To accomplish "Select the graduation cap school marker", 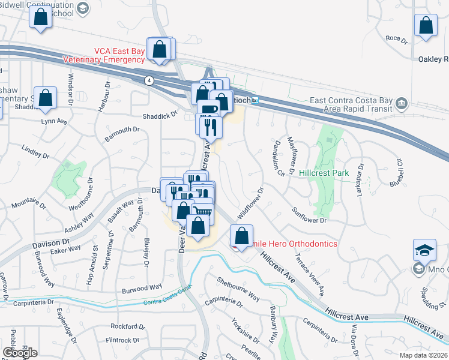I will pos(424,251).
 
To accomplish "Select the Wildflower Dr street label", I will pos(250,205).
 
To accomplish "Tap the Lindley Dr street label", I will pos(35,152).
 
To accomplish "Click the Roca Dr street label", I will pos(397,41).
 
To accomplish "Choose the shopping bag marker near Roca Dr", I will pos(426,27).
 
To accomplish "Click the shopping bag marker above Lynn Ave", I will pos(45,98).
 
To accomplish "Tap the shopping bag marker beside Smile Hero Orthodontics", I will pos(242,236).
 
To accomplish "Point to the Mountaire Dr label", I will pos(29,205).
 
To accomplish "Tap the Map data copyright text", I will pos(423,354).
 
